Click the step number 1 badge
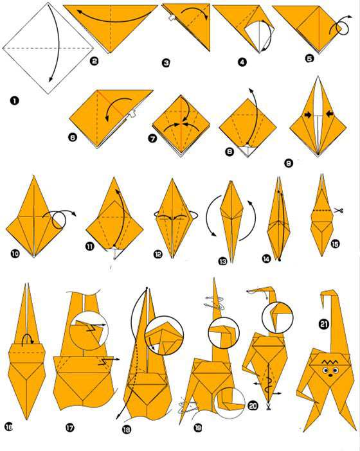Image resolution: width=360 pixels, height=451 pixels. click(x=14, y=101)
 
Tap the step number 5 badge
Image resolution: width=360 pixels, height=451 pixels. click(x=309, y=58)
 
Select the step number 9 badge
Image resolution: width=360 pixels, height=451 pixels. click(x=289, y=163)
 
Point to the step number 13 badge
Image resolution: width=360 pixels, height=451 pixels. click(x=222, y=261)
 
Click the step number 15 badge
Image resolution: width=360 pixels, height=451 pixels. click(x=336, y=244)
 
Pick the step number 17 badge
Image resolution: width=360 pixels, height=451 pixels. click(x=69, y=428)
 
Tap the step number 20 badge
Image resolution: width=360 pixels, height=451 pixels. click(x=253, y=406)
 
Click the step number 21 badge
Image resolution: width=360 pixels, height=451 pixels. click(x=324, y=324)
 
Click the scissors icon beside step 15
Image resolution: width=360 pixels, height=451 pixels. click(x=339, y=211)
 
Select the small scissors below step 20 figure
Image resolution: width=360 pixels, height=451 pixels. click(x=269, y=407)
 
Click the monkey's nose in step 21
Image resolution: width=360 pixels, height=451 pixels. click(x=330, y=375)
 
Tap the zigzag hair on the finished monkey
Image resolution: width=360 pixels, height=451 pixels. click(x=330, y=361)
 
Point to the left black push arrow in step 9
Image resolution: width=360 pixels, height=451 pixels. click(x=308, y=115)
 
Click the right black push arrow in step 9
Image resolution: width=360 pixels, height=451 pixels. click(x=330, y=114)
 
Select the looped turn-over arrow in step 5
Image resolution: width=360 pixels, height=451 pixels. click(x=341, y=25)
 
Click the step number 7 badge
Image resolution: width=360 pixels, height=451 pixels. click(x=152, y=139)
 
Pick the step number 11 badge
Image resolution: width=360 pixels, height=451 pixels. click(x=90, y=246)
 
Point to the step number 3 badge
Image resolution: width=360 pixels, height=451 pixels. click(x=166, y=63)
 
